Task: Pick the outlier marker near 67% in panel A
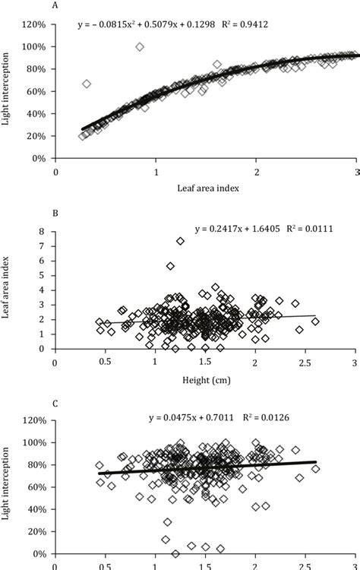pos(87,84)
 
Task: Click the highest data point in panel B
pos(181,241)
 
